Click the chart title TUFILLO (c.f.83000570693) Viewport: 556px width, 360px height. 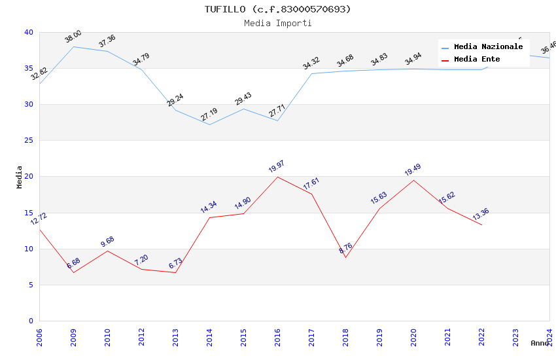pyautogui.click(x=277, y=9)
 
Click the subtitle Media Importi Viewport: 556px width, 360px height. pyautogui.click(x=277, y=23)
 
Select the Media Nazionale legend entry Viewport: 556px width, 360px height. pyautogui.click(x=488, y=47)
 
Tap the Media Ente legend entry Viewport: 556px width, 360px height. pyautogui.click(x=477, y=60)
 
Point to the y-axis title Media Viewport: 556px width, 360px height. pyautogui.click(x=20, y=177)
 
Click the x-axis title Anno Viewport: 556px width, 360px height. pyautogui.click(x=540, y=343)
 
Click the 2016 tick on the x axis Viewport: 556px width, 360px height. pyautogui.click(x=277, y=336)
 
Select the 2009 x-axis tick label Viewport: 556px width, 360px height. pyautogui.click(x=73, y=336)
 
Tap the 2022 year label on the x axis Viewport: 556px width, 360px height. pyautogui.click(x=481, y=336)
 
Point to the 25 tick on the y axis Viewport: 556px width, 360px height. pyautogui.click(x=28, y=141)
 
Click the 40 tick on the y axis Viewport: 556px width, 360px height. pyautogui.click(x=28, y=32)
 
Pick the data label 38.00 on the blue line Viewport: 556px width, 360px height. pyautogui.click(x=73, y=37)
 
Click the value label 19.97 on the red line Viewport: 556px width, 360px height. pyautogui.click(x=277, y=166)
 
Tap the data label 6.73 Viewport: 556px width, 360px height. pyautogui.click(x=175, y=264)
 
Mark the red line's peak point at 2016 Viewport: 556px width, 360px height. pyautogui.click(x=277, y=177)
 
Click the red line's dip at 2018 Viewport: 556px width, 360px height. pyautogui.click(x=345, y=257)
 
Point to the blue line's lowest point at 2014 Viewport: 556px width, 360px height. pyautogui.click(x=209, y=124)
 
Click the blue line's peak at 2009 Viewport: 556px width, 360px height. pyautogui.click(x=73, y=46)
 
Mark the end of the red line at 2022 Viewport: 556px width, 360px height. pyautogui.click(x=481, y=225)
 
